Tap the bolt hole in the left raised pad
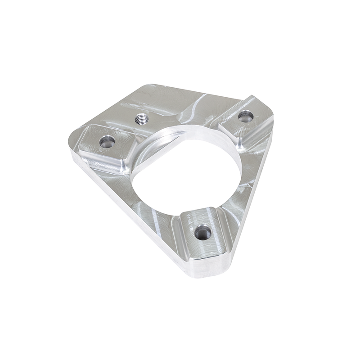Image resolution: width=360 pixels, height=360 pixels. [x=107, y=143]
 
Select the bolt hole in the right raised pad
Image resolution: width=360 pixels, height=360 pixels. [x=246, y=117]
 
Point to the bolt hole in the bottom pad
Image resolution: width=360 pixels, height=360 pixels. [x=203, y=232]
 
